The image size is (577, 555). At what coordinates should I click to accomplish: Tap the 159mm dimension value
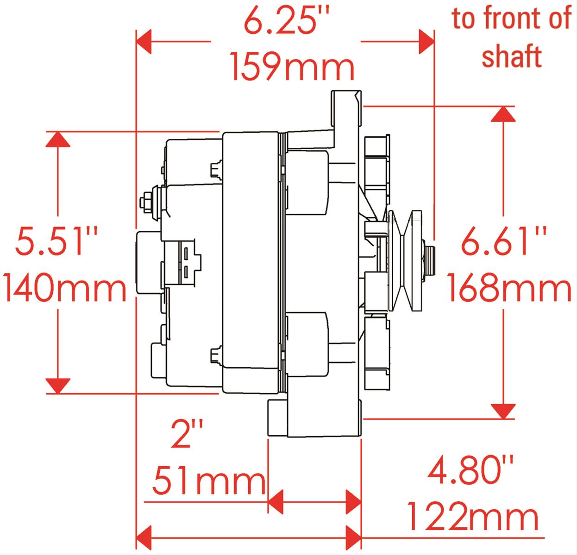click(x=292, y=66)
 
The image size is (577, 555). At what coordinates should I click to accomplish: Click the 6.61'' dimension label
click(x=503, y=240)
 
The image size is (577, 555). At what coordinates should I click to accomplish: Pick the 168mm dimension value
click(x=509, y=287)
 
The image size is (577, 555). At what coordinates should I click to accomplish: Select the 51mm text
click(x=209, y=481)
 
